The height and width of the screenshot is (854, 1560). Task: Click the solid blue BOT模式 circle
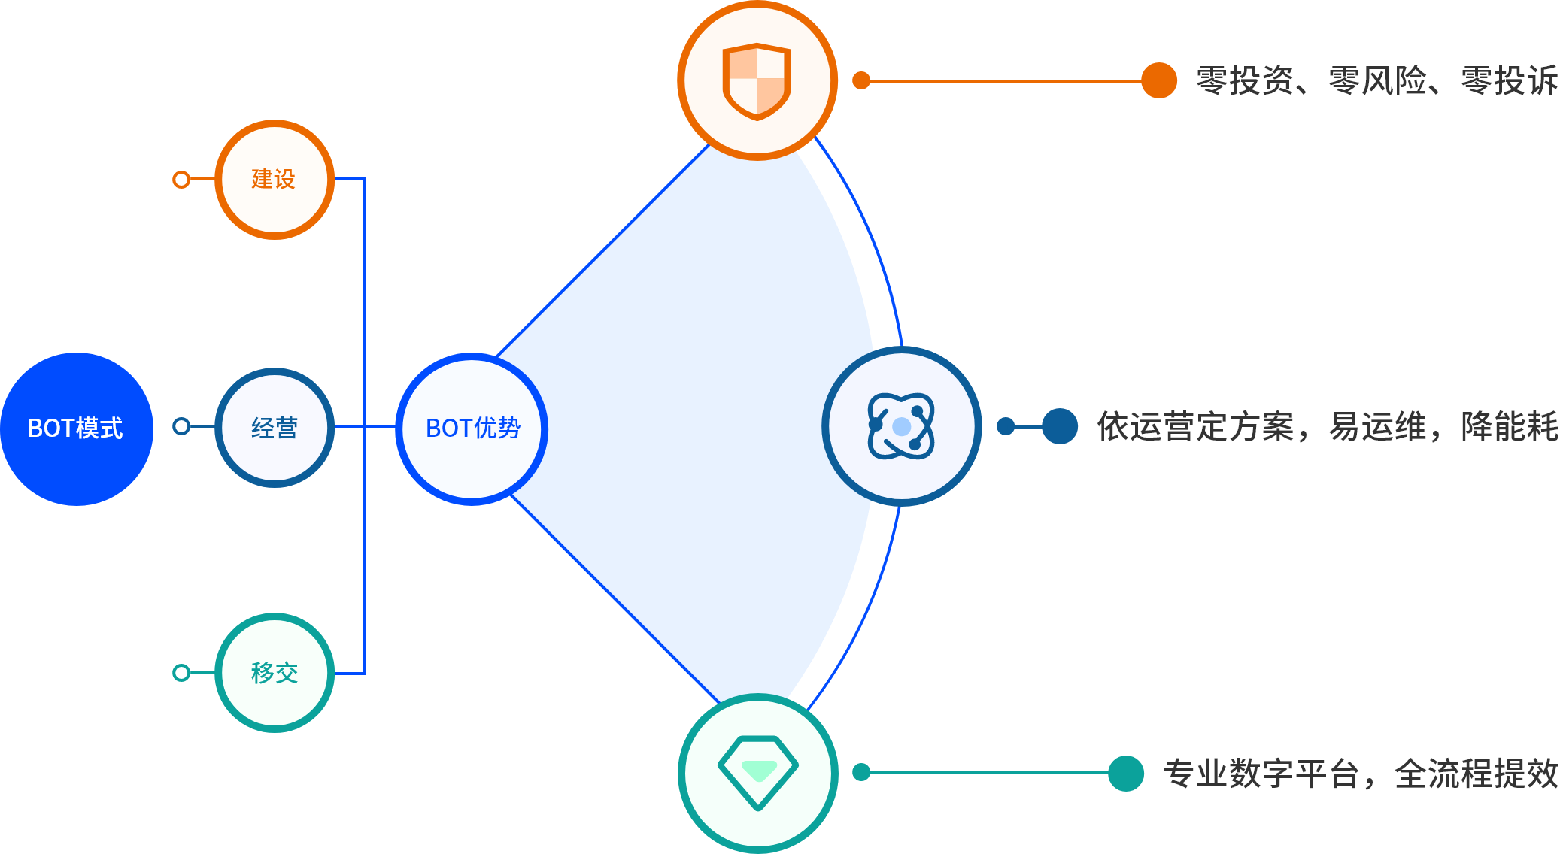point(76,429)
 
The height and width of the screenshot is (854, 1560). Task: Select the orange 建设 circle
point(275,180)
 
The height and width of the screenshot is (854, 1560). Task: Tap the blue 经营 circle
point(275,428)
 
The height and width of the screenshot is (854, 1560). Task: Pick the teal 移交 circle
point(275,673)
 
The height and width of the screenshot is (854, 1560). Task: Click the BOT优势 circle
point(472,429)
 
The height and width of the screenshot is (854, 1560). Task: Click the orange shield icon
point(757,80)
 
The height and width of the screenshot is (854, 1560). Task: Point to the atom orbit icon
point(901,426)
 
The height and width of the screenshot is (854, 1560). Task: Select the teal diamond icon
point(758,773)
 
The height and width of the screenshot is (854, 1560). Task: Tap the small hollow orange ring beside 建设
point(181,180)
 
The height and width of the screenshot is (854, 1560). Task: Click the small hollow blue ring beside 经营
point(181,427)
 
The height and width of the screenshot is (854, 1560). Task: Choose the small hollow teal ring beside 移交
point(181,673)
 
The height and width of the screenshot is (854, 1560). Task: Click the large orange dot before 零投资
point(1158,80)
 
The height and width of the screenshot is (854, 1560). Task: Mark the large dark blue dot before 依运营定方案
point(1060,426)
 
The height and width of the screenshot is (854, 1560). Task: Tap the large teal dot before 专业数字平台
point(1126,773)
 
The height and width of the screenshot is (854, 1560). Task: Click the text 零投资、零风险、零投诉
point(1376,80)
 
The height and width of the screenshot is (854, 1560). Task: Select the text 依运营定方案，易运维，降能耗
point(1328,426)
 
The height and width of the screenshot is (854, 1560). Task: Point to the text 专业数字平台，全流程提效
point(1361,774)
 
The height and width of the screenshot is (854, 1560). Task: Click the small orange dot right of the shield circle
point(861,80)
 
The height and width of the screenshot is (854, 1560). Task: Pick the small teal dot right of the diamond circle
point(861,772)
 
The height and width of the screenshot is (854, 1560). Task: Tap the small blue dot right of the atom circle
point(1006,426)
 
